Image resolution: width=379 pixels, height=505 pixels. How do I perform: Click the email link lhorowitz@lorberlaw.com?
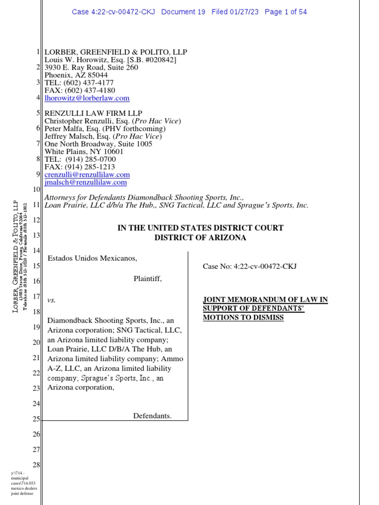87,98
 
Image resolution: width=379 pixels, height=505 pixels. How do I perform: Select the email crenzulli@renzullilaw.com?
87,175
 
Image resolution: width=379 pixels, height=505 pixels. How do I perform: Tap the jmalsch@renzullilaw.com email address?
86,182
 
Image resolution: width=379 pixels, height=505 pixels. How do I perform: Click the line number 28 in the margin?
36,465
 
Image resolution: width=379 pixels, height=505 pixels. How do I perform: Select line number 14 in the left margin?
36,251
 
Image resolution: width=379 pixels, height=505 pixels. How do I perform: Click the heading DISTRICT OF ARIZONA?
200,237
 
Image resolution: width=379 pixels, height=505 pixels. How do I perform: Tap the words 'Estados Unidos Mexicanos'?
92,258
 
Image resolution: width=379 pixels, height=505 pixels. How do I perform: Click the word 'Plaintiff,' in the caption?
148,279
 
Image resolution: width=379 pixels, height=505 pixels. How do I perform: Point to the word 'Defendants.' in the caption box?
152,416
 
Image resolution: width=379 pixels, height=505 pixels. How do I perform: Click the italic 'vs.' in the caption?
51,300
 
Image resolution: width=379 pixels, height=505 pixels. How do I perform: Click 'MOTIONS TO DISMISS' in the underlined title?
243,318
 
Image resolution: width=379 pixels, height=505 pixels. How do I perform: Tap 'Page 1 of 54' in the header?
286,12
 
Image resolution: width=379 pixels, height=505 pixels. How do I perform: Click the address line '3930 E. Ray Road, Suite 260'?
91,68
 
